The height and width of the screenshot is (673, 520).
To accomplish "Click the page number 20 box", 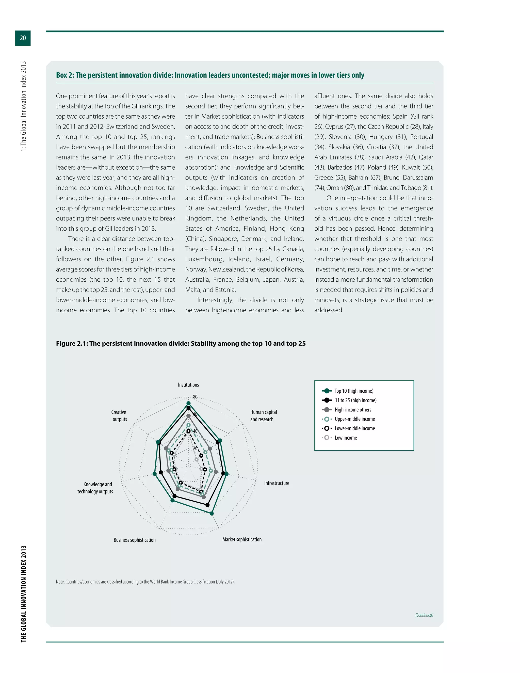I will (23, 38).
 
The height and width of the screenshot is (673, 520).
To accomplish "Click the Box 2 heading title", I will (210, 75).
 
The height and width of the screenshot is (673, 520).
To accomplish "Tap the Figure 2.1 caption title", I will (181, 344).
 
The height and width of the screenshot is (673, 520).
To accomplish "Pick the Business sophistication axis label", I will (134, 540).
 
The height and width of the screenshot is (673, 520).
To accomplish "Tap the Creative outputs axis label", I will (119, 416).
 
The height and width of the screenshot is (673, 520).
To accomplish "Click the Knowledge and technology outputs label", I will (95, 488).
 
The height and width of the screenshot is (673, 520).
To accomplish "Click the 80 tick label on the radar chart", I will (195, 397).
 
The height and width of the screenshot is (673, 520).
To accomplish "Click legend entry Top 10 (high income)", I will (354, 391).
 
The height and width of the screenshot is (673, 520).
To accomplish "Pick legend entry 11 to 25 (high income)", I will (355, 400).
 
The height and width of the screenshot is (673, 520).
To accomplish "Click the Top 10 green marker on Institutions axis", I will (189, 403).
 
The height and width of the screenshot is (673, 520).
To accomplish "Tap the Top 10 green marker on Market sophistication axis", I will (212, 514).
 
